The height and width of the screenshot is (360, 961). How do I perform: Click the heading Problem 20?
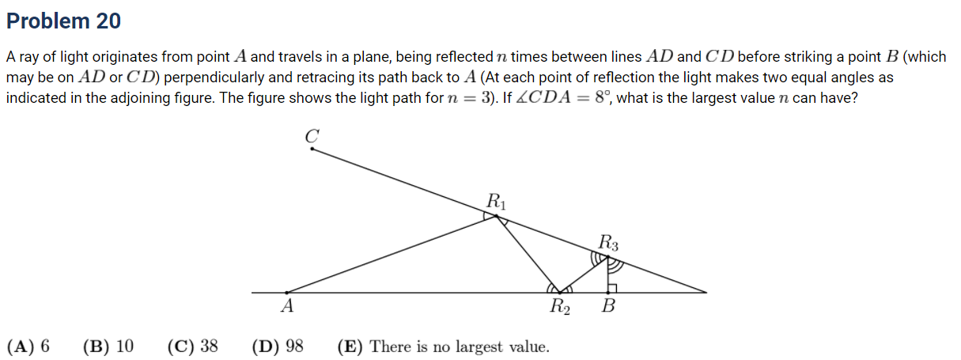coord(63,21)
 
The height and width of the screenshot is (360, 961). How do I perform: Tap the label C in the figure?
coord(312,136)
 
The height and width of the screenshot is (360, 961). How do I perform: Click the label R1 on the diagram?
coord(496,201)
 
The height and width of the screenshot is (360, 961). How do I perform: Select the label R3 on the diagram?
coord(608,242)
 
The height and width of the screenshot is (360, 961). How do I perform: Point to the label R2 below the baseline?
coord(560,306)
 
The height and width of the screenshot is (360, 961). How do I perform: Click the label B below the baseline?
coord(608,306)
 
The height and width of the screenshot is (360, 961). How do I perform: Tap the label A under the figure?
coord(287,306)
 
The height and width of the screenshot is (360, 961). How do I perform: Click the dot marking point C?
coord(312,149)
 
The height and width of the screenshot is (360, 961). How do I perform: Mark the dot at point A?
coord(287,293)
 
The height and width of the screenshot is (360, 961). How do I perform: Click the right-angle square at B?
coord(612,288)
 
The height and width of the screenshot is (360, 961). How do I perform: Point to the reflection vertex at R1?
coord(497,216)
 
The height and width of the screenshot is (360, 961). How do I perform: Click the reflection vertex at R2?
coord(560,293)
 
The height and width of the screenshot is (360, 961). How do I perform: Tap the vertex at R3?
coord(608,257)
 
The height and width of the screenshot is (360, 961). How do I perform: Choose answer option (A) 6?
coord(28,347)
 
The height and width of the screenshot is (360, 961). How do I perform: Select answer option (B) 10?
coord(108,347)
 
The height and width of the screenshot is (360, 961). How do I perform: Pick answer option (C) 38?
coord(193,347)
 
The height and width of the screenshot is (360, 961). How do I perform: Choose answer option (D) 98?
coord(278,347)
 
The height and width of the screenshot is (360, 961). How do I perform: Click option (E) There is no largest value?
coord(443,347)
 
